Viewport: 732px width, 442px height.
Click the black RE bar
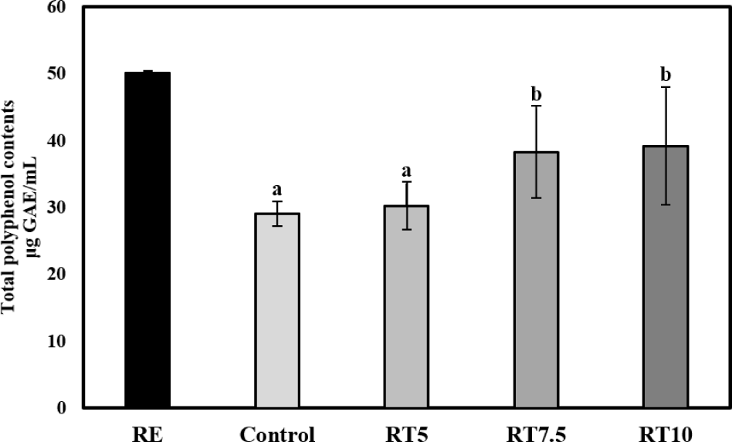pyautogui.click(x=147, y=240)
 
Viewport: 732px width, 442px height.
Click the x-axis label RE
pyautogui.click(x=147, y=433)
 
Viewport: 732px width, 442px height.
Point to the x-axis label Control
pyautogui.click(x=277, y=433)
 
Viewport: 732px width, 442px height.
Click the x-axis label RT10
pyautogui.click(x=666, y=433)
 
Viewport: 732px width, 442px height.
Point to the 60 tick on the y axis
pyautogui.click(x=56, y=8)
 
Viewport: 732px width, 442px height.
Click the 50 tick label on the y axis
pyautogui.click(x=56, y=74)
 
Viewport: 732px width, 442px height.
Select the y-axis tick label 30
pyautogui.click(x=56, y=208)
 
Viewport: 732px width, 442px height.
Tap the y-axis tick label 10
pyautogui.click(x=56, y=341)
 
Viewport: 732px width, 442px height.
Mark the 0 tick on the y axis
pyautogui.click(x=61, y=407)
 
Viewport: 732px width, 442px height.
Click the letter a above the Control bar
pyautogui.click(x=277, y=187)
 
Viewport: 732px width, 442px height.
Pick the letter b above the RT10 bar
pyautogui.click(x=666, y=75)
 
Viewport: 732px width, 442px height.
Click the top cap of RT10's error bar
pyautogui.click(x=666, y=88)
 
